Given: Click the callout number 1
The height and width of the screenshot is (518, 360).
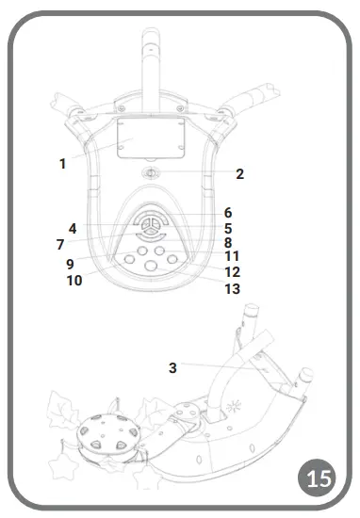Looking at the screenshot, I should tap(62, 164).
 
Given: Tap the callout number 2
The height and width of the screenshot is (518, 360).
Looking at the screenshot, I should tap(239, 174).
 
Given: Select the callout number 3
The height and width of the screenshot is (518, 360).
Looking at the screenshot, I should tap(172, 367).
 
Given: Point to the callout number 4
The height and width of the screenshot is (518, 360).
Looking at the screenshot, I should tap(72, 228).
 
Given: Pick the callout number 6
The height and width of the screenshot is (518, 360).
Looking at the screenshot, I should tap(227, 213).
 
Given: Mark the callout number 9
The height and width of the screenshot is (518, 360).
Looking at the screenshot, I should tap(70, 264).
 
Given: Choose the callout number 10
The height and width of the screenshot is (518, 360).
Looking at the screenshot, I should tap(74, 281).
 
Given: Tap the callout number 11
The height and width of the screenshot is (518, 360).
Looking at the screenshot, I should tap(232, 256).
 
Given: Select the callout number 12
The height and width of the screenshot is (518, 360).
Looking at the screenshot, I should tap(232, 272).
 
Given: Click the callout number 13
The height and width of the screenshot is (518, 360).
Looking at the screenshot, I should tap(232, 289).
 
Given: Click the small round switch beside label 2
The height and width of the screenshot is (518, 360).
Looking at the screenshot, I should tap(151, 174).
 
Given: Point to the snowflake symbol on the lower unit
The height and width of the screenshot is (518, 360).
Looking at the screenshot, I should tap(235, 412).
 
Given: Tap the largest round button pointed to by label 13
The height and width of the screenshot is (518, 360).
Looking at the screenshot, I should tap(151, 268).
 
